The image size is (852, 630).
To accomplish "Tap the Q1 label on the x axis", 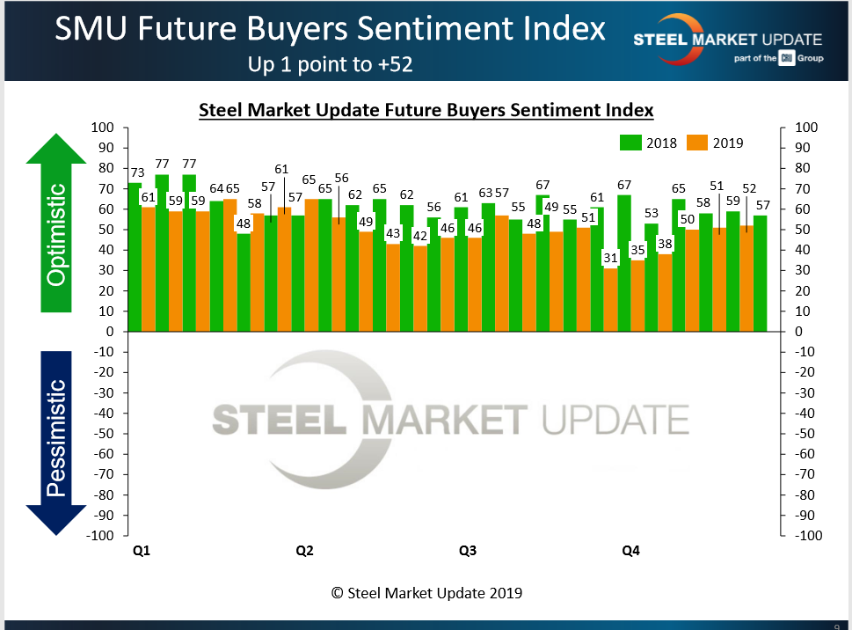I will click(141, 552).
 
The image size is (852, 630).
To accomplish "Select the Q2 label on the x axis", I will click(304, 552).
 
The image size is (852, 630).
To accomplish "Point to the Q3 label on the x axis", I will click(468, 552).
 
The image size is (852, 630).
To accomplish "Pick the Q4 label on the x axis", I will click(630, 552).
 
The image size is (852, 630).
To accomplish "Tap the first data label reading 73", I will click(136, 173).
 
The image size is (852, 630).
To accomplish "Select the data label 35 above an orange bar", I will click(637, 249).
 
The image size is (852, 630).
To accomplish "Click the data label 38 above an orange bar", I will click(665, 244).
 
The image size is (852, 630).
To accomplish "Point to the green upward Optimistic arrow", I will click(57, 224).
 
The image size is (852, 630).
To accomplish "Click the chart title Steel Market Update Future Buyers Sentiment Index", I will click(426, 111).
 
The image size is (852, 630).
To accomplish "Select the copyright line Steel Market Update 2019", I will click(426, 593).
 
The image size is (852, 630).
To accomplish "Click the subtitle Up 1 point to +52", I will click(331, 64).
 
